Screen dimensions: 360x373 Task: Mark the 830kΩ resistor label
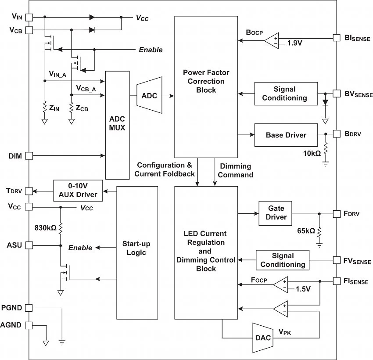coord(46,228)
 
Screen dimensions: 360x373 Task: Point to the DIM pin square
coord(29,155)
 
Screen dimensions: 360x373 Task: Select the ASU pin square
coord(29,245)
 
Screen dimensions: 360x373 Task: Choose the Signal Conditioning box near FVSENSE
coord(283,260)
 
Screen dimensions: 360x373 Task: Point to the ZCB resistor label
coord(82,108)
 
